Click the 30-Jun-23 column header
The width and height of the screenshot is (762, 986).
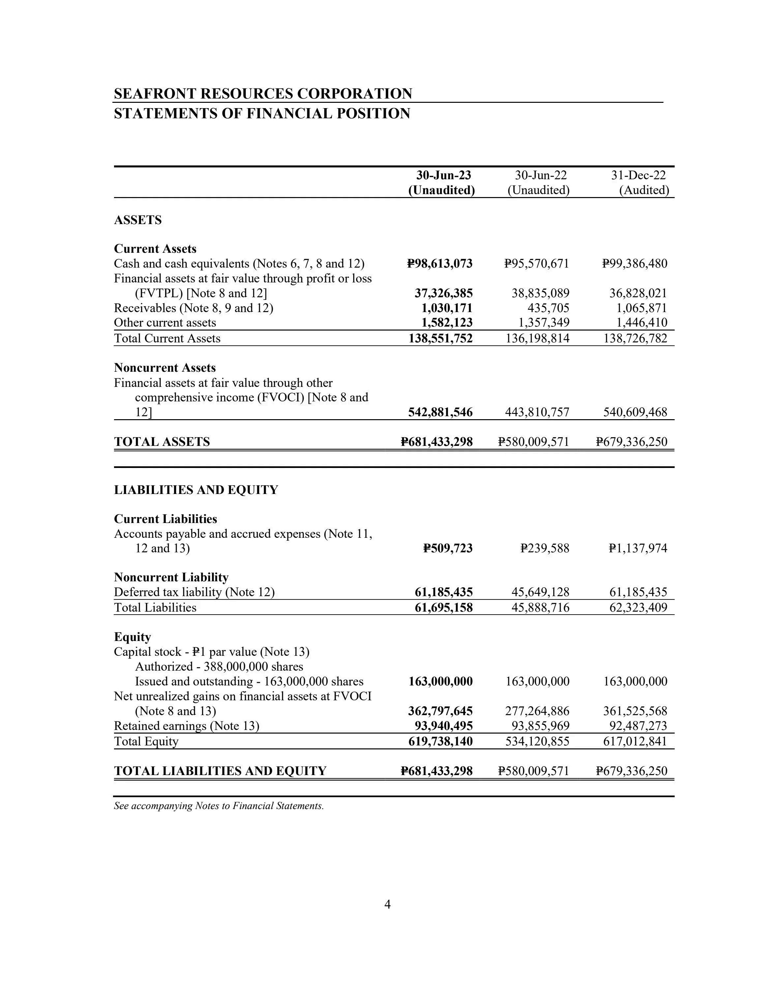(x=443, y=175)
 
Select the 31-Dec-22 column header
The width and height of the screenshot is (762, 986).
(x=638, y=175)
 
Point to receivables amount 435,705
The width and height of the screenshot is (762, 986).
(x=548, y=308)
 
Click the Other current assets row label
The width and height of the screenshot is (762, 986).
(x=165, y=323)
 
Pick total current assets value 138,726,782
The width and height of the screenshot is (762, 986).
(x=635, y=338)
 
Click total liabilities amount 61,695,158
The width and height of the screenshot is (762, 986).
(x=443, y=608)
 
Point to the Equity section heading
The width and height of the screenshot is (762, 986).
(x=132, y=637)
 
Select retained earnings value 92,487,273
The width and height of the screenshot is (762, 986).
(x=635, y=726)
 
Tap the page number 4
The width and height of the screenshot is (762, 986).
(x=387, y=904)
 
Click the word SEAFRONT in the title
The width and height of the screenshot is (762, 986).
(x=155, y=94)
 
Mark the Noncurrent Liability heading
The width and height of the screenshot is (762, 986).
(x=171, y=577)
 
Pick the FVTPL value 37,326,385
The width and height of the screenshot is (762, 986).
(x=443, y=293)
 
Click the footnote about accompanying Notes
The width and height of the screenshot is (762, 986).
(x=219, y=806)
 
